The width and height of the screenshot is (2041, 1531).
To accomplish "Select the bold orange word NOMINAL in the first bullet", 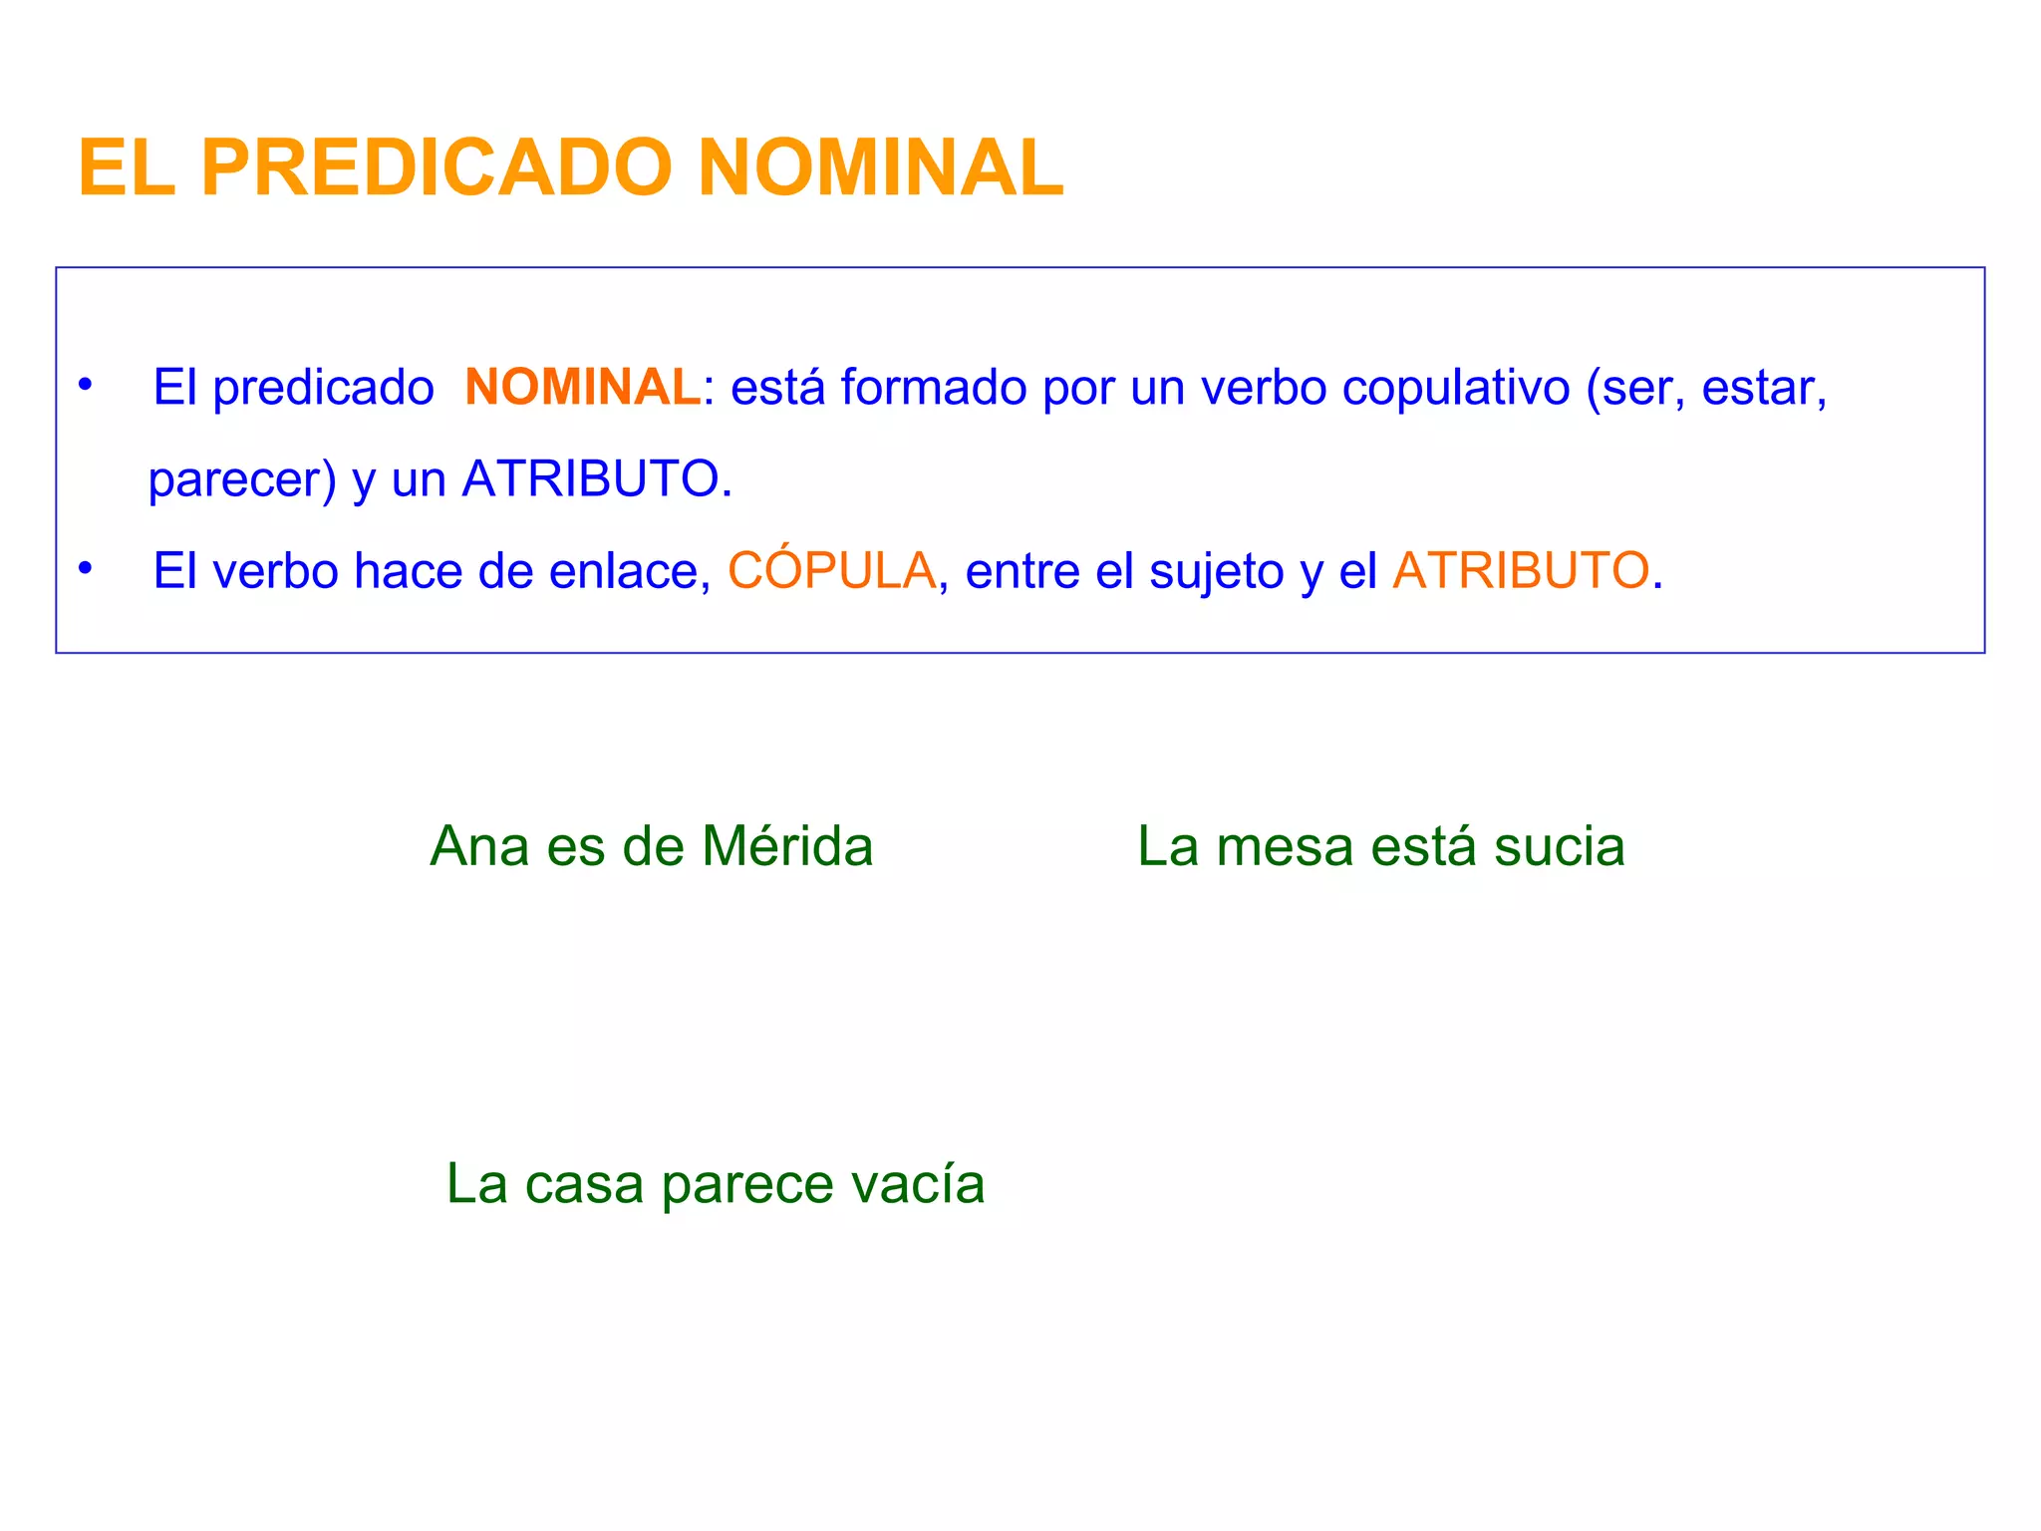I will [x=582, y=387].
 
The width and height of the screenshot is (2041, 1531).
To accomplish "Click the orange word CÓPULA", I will [x=831, y=571].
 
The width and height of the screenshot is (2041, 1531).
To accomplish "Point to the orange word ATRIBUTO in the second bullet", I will [x=1520, y=571].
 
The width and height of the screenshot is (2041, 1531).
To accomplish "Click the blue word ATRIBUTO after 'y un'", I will [x=591, y=479].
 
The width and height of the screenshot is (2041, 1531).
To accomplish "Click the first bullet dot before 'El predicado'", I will [x=86, y=384].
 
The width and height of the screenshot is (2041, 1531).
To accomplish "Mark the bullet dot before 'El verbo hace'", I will [x=86, y=568].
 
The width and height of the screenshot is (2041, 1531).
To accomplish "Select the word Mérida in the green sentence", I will [x=787, y=847].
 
